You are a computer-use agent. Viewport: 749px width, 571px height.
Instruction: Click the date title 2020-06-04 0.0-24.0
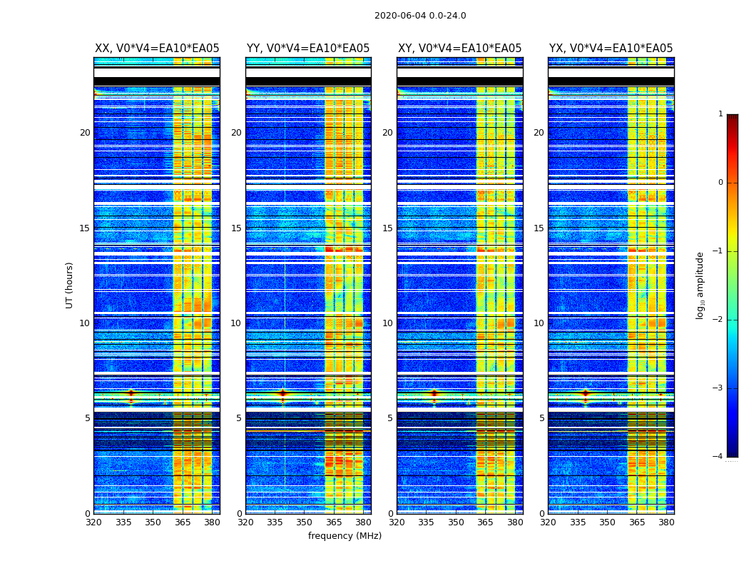pyautogui.click(x=420, y=16)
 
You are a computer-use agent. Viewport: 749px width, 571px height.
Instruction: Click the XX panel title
pyautogui.click(x=157, y=49)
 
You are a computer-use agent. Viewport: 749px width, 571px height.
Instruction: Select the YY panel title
pyautogui.click(x=308, y=49)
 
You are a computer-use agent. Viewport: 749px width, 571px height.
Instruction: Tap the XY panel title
pyautogui.click(x=459, y=49)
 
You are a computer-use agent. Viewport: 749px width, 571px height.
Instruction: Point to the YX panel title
pyautogui.click(x=611, y=49)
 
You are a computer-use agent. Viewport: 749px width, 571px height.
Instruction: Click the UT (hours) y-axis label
pyautogui.click(x=70, y=285)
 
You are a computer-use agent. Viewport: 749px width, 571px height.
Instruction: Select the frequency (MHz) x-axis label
pyautogui.click(x=345, y=536)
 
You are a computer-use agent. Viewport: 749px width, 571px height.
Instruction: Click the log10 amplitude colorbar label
pyautogui.click(x=700, y=285)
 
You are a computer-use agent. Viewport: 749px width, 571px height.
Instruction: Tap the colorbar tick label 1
pyautogui.click(x=720, y=114)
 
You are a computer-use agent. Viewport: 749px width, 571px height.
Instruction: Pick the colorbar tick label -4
pyautogui.click(x=718, y=457)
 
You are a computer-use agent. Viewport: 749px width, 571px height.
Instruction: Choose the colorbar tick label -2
pyautogui.click(x=718, y=320)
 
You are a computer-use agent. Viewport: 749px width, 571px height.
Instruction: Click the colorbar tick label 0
pyautogui.click(x=720, y=183)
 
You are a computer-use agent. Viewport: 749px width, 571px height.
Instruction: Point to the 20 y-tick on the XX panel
pyautogui.click(x=85, y=133)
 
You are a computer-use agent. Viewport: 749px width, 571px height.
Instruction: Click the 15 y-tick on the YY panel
pyautogui.click(x=236, y=228)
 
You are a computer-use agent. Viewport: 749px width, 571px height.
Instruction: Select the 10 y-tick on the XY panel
pyautogui.click(x=387, y=323)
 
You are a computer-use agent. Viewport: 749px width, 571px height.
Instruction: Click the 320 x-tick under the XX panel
pyautogui.click(x=93, y=522)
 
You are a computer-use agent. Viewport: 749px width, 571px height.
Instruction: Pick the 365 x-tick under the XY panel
pyautogui.click(x=485, y=522)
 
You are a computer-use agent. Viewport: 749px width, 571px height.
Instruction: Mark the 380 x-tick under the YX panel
pyautogui.click(x=666, y=522)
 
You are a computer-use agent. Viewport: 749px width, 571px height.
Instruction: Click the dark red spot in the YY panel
pyautogui.click(x=282, y=393)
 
